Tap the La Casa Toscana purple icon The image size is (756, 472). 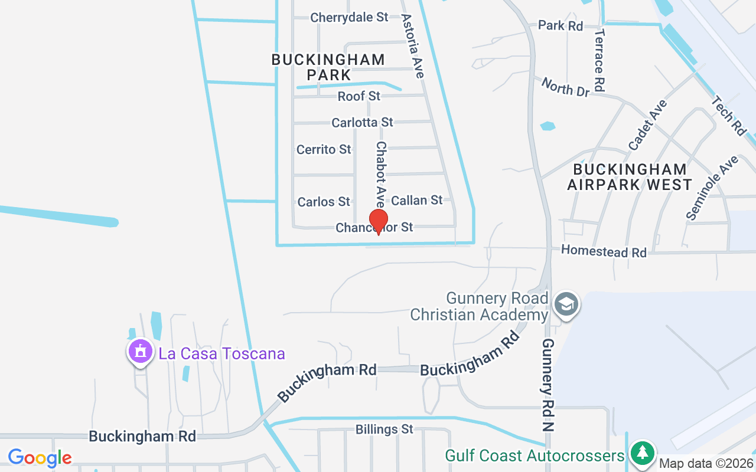click(141, 352)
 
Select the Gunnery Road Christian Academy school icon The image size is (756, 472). click(566, 304)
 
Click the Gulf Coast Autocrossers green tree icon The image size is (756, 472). click(641, 454)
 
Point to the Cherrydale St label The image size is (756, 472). click(349, 18)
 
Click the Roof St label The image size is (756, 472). click(359, 96)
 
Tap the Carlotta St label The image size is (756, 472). click(362, 122)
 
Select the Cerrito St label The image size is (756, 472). click(324, 149)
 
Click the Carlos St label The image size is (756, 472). click(324, 202)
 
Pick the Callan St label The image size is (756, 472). click(416, 201)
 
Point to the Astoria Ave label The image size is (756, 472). click(413, 46)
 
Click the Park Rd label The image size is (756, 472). click(560, 26)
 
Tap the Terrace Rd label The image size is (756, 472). click(599, 60)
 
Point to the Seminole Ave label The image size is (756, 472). click(712, 188)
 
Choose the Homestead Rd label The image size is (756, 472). click(604, 251)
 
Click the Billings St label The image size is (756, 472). click(384, 429)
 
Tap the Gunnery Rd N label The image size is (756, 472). click(548, 385)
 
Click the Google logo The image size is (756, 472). click(40, 457)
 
